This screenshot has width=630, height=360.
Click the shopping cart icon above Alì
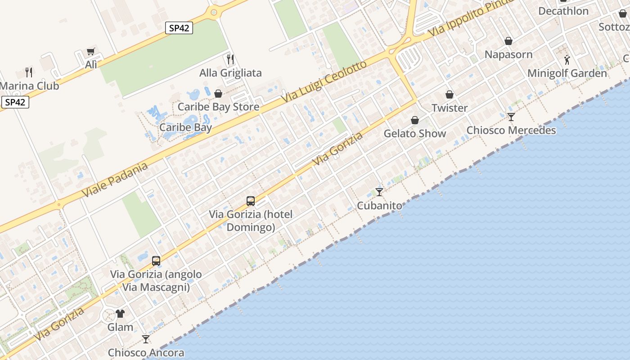pyautogui.click(x=91, y=52)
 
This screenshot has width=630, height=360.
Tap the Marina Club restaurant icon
pyautogui.click(x=29, y=72)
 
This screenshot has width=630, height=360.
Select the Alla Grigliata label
pyautogui.click(x=230, y=73)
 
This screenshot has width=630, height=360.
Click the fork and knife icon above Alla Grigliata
pyautogui.click(x=230, y=59)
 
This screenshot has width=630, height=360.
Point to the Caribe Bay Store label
pyautogui.click(x=218, y=107)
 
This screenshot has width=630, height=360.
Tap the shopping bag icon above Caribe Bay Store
pyautogui.click(x=218, y=94)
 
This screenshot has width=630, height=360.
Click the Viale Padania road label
pyautogui.click(x=115, y=180)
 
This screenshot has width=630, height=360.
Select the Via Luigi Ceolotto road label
pyautogui.click(x=324, y=81)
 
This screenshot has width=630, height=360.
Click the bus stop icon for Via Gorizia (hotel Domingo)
pyautogui.click(x=251, y=201)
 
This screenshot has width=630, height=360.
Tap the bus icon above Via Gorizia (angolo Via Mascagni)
pyautogui.click(x=156, y=261)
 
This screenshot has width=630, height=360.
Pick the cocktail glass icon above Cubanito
pyautogui.click(x=379, y=192)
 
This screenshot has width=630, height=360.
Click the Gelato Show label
pyautogui.click(x=415, y=134)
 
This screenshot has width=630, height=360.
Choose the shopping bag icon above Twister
pyautogui.click(x=449, y=94)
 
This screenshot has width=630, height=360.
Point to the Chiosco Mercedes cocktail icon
pyautogui.click(x=511, y=117)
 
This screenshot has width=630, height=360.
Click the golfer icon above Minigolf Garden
pyautogui.click(x=567, y=59)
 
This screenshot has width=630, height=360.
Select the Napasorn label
pyautogui.click(x=508, y=55)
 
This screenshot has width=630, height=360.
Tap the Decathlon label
pyautogui.click(x=563, y=11)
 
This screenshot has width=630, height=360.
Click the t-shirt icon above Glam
pyautogui.click(x=120, y=314)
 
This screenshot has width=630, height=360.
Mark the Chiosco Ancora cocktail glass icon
pyautogui.click(x=146, y=339)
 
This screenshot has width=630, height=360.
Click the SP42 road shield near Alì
pyautogui.click(x=179, y=28)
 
